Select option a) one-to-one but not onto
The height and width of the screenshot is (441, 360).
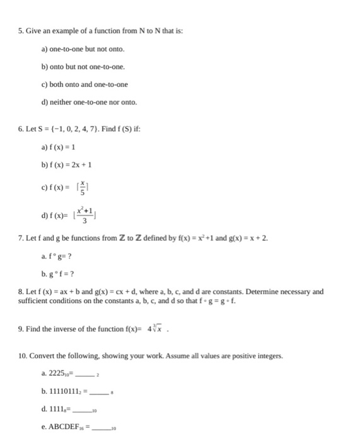83,49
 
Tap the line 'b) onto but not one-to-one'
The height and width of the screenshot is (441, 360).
83,66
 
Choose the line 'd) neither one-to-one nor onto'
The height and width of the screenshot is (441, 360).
89,102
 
